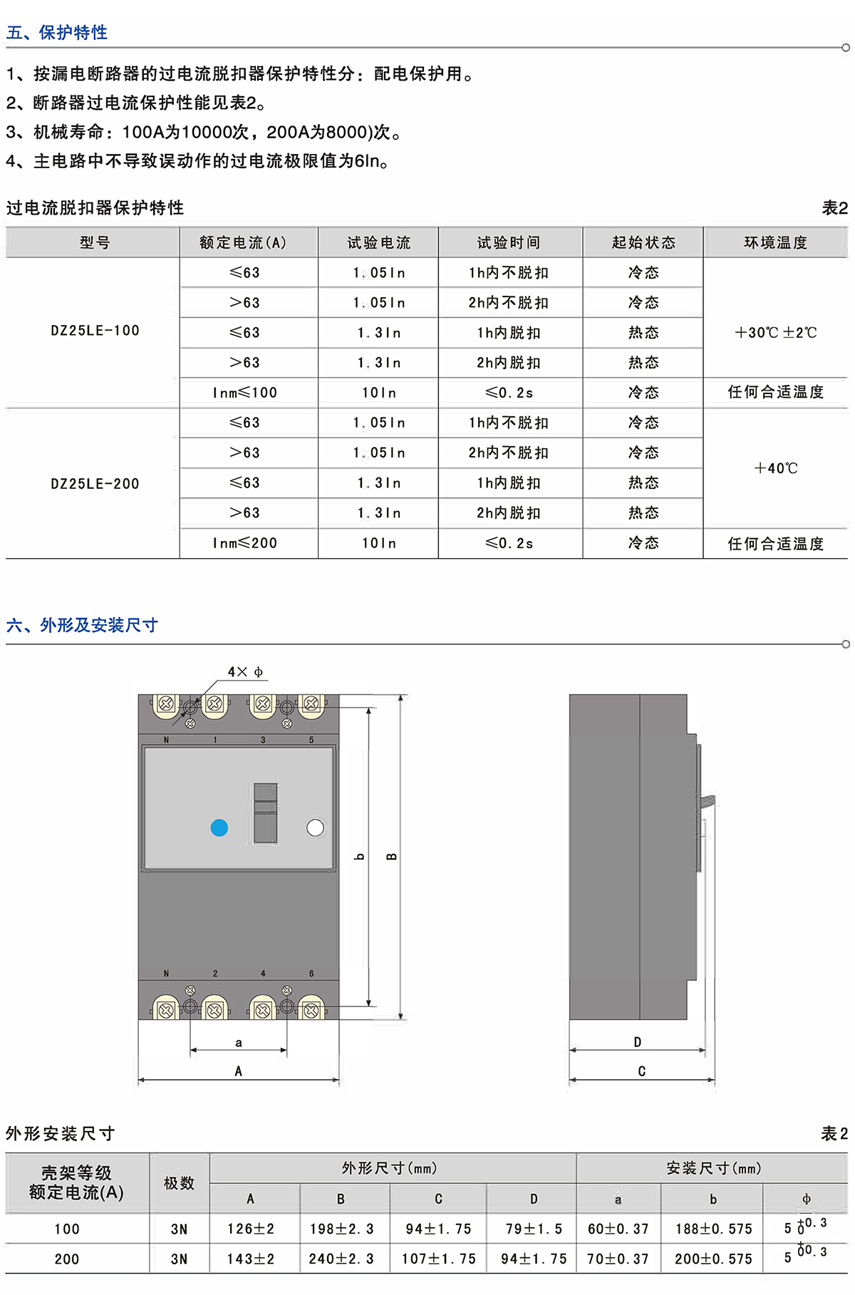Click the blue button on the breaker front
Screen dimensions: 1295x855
pos(219,827)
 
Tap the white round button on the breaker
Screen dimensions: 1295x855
pos(315,827)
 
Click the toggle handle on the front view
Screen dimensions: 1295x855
pos(266,812)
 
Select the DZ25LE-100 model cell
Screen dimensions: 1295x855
pos(95,331)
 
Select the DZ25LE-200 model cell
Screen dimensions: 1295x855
pos(95,484)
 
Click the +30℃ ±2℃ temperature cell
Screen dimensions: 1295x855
pos(775,332)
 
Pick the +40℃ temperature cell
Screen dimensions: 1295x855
pos(775,468)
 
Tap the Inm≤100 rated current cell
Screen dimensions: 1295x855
pos(244,393)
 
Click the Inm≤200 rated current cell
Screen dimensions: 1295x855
pos(244,543)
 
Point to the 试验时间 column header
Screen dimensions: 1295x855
pos(509,243)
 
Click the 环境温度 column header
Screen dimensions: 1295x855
pos(775,243)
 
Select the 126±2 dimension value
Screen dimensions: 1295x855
pos(250,1229)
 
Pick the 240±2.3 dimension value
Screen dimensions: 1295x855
pos(341,1259)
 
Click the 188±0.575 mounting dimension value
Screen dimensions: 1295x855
pos(713,1229)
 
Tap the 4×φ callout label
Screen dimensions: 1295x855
pos(245,672)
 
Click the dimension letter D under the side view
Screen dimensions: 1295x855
pos(638,1042)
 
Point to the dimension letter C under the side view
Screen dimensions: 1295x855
pos(641,1071)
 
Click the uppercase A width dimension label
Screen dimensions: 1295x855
pos(239,1071)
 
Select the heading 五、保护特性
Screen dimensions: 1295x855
pos(57,32)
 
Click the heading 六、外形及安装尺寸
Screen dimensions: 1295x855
pos(82,625)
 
